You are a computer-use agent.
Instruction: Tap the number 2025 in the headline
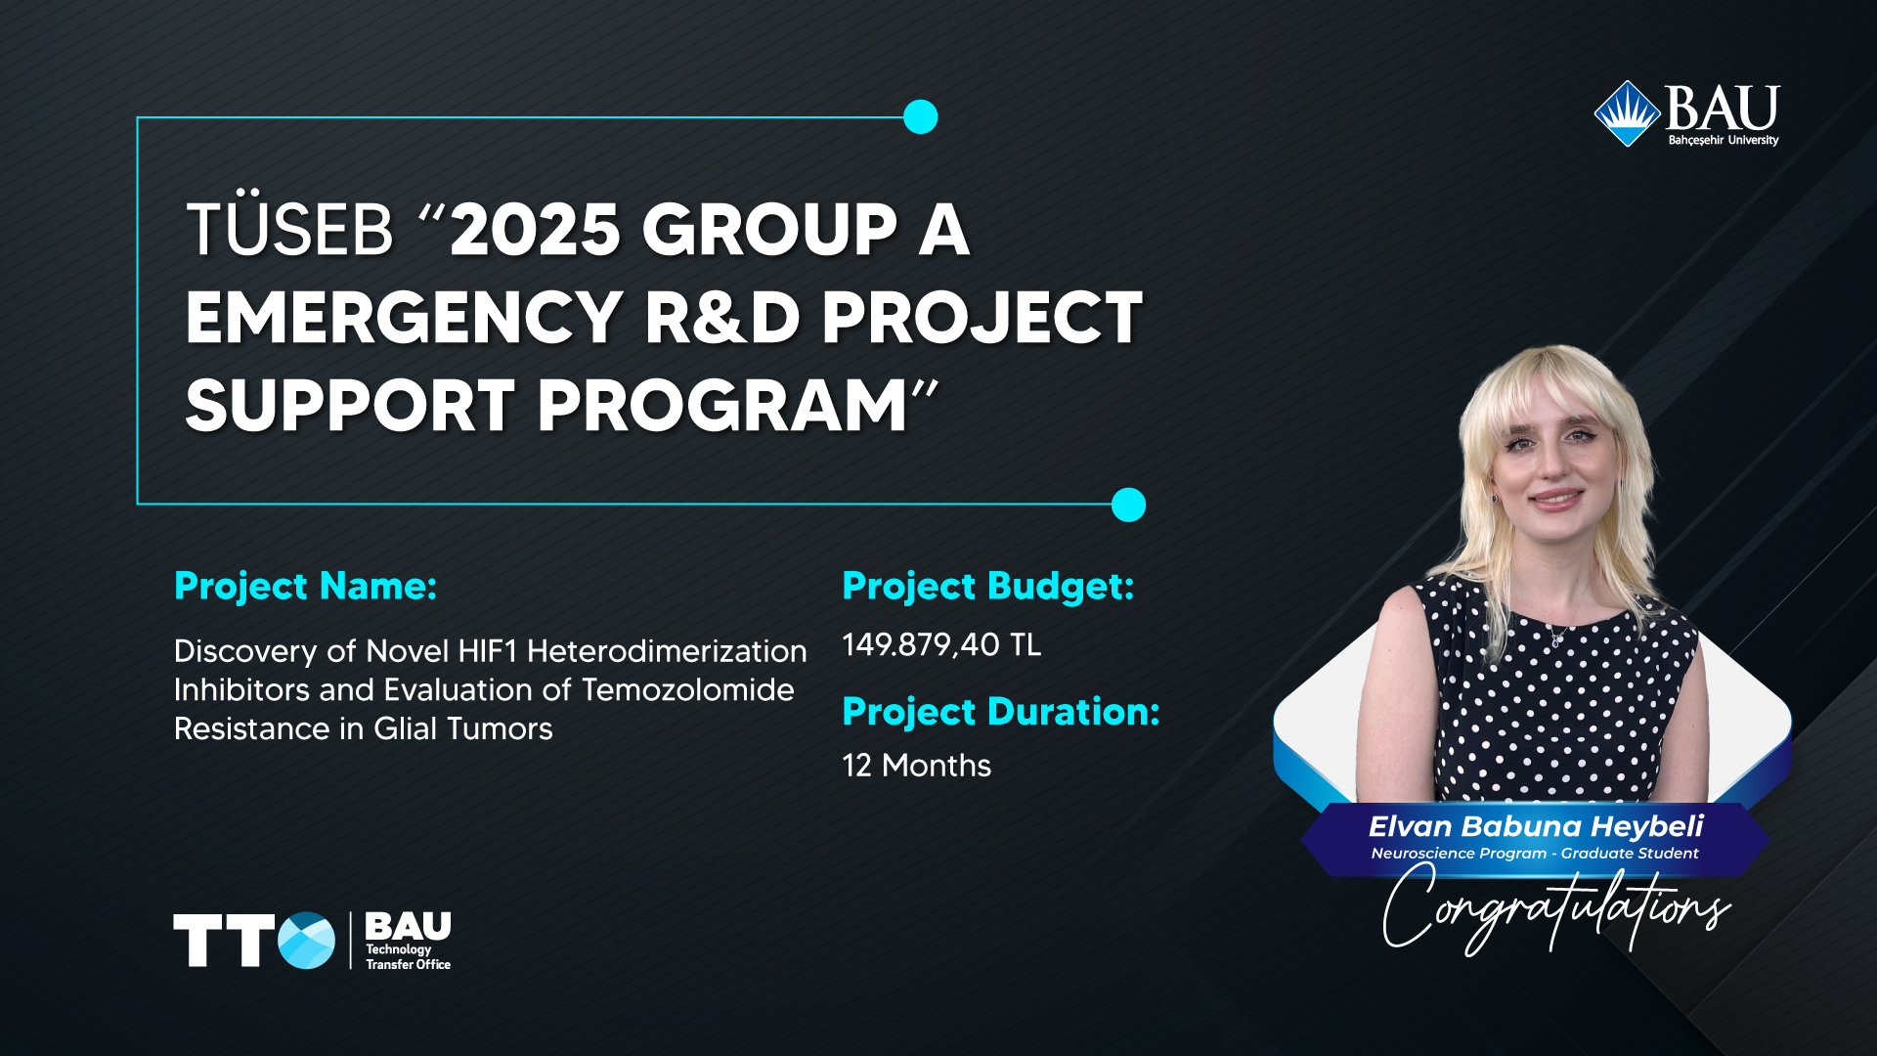pos(535,231)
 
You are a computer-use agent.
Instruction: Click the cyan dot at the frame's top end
pos(920,117)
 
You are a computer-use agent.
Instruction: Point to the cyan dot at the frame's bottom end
pos(1128,505)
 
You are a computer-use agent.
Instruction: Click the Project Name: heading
pos(305,586)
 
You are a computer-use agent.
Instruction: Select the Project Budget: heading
pos(988,587)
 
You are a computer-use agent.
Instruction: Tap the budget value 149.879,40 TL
pos(941,645)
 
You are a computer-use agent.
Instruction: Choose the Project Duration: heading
pos(1001,712)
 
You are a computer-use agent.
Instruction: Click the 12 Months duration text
pos(917,766)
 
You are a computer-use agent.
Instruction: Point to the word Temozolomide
pos(688,690)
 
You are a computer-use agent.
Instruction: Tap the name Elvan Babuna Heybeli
pos(1536,827)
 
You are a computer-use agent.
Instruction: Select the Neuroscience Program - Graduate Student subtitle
pos(1535,854)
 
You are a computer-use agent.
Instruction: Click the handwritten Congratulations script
pos(1555,909)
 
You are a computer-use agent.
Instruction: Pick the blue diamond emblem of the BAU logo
pos(1628,113)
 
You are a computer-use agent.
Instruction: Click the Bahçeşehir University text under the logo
pos(1724,141)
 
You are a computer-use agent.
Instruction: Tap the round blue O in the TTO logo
pos(306,941)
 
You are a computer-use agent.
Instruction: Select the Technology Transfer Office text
pos(408,956)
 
